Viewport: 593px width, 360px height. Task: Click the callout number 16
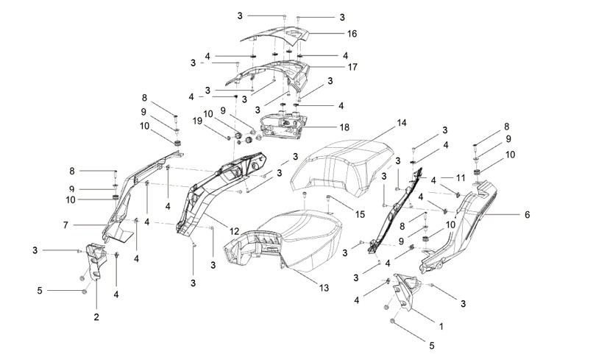coord(352,34)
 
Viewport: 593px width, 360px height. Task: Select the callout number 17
coord(352,67)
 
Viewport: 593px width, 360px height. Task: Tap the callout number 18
coord(344,127)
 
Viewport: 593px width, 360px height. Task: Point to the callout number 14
coord(402,123)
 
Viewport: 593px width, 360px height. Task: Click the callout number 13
coord(324,288)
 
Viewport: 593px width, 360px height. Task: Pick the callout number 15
coord(360,214)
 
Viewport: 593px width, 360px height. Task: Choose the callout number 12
coord(235,231)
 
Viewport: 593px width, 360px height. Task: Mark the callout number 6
coord(528,215)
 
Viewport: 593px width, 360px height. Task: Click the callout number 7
coord(65,225)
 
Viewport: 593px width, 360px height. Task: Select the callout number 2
coord(96,317)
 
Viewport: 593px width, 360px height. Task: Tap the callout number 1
coord(441,326)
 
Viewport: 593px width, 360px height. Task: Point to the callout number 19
coord(197,121)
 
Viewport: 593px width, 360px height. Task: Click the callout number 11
coord(461,177)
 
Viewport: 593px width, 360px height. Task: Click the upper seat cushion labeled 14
coord(342,166)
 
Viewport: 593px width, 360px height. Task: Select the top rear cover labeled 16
coord(276,35)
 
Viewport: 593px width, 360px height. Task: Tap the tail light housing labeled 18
coord(284,126)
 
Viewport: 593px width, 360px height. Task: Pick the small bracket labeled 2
coord(96,261)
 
